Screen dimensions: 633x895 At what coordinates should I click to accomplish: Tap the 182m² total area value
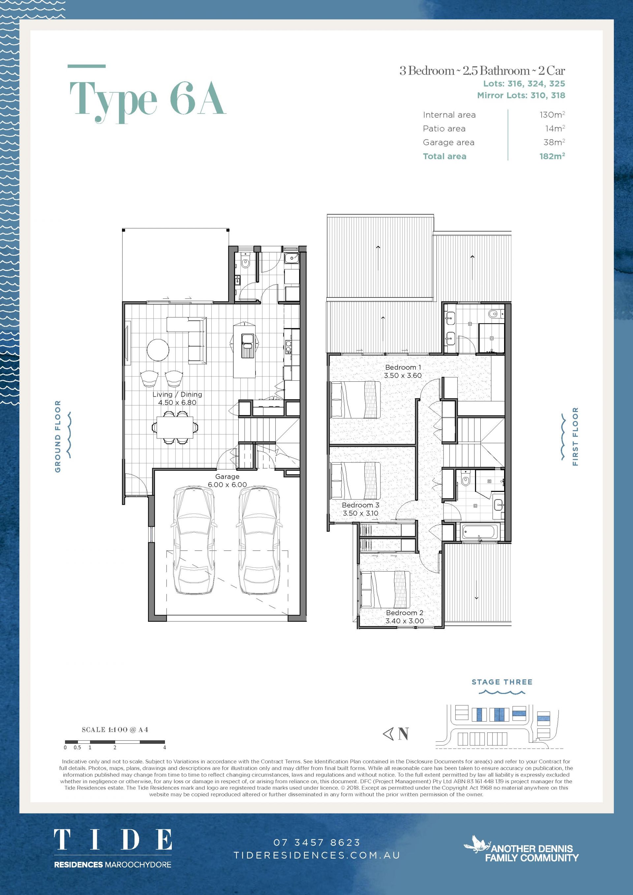552,156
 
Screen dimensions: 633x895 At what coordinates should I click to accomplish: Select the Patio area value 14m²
555,128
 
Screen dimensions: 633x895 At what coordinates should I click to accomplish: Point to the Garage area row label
449,142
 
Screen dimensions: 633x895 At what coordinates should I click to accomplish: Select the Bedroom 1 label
403,367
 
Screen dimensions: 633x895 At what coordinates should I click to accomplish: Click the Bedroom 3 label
361,505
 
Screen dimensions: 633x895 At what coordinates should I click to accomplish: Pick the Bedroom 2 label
405,612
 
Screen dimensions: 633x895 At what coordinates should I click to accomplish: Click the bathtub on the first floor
479,532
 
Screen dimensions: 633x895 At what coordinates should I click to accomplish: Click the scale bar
115,741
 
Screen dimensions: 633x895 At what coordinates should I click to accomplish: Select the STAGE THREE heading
502,682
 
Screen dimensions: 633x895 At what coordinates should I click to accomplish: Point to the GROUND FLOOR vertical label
58,436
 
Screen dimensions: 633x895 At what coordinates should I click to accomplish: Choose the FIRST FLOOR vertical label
575,436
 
